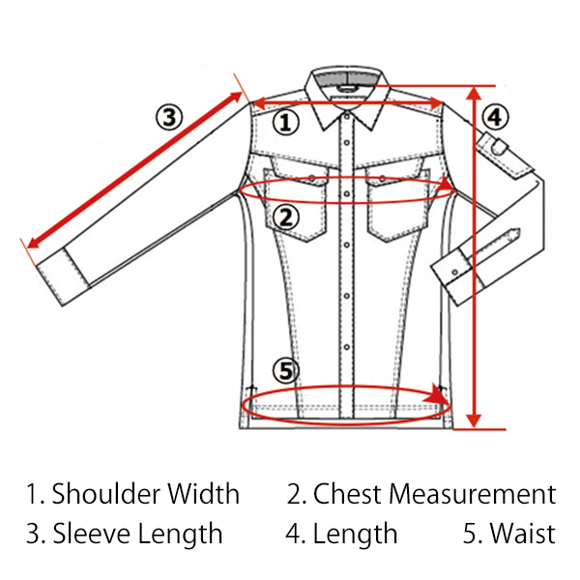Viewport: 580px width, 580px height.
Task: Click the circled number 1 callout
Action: pos(286,123)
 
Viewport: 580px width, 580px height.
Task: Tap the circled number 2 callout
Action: pos(286,217)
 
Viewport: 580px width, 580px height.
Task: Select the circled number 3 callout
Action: pos(169,117)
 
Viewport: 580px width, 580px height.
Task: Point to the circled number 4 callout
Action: pos(495,118)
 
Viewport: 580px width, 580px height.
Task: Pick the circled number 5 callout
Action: pos(286,370)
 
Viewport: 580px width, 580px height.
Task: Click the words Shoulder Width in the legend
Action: pos(146,494)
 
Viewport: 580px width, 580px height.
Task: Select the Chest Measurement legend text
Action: pos(435,494)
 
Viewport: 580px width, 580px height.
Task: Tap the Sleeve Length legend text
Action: pos(137,534)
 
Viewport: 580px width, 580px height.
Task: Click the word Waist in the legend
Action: pos(523,534)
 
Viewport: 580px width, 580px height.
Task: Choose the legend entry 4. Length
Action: pos(342,534)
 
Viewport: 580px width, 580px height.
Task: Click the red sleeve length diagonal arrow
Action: pos(135,170)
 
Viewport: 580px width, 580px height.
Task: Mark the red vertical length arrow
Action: pos(474,257)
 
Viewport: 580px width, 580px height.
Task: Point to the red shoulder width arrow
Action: pos(348,102)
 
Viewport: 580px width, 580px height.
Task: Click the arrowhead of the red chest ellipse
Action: pos(445,184)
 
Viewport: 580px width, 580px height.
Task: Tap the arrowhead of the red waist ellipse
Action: pos(437,394)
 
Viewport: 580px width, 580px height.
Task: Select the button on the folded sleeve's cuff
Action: pos(455,273)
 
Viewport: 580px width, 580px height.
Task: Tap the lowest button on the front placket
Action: pos(347,347)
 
